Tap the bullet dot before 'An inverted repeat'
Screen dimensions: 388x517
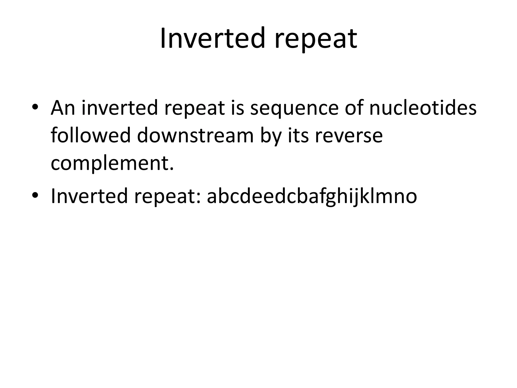point(35,107)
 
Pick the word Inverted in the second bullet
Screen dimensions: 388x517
point(89,196)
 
